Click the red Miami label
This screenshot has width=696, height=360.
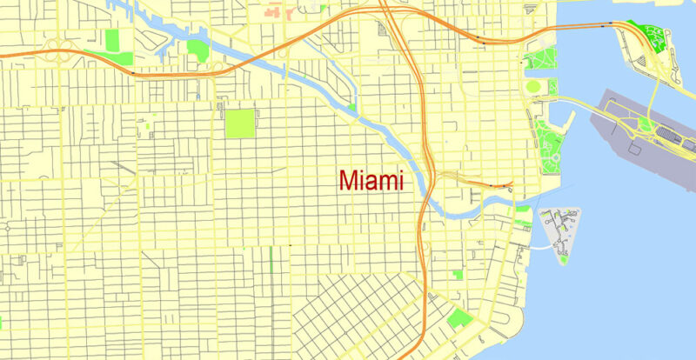pos(371,180)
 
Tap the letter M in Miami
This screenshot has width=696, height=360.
pos(348,181)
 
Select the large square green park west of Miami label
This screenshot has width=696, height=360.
pos(241,123)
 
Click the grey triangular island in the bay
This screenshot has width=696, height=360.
pos(558,229)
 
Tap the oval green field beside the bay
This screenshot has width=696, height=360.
pos(533,87)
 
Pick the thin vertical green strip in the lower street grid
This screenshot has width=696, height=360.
pos(271,258)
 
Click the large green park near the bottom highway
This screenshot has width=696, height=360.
pos(458,318)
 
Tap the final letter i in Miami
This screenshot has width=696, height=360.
pos(401,180)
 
